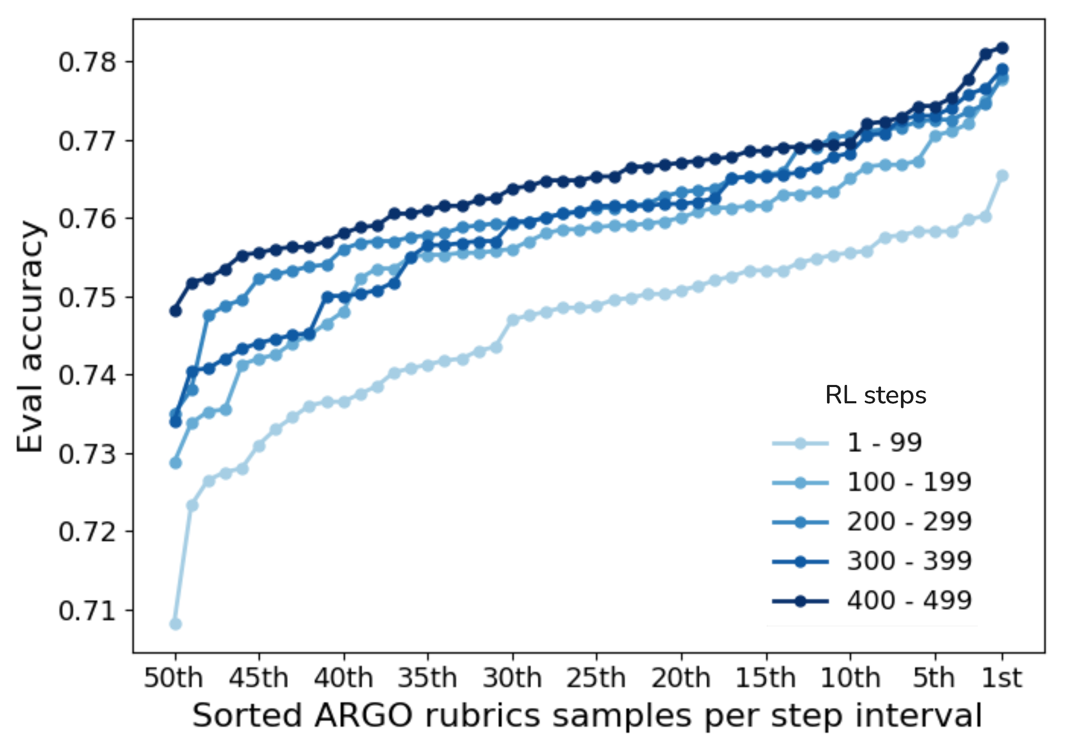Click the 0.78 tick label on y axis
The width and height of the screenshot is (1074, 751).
(x=87, y=62)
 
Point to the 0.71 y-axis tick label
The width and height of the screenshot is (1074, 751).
(x=87, y=611)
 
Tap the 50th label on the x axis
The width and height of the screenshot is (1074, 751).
(x=174, y=678)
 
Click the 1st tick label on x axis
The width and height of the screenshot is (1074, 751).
(x=1001, y=678)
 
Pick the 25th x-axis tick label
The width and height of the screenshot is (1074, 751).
(x=596, y=678)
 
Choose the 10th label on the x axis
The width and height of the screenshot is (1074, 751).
(x=850, y=678)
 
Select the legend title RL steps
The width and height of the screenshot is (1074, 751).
(x=875, y=395)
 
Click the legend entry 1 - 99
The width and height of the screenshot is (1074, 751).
(x=884, y=443)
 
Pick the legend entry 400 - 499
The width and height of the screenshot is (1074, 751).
(x=909, y=600)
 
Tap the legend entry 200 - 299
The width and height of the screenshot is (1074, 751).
(x=909, y=522)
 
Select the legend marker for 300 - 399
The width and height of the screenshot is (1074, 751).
(x=800, y=562)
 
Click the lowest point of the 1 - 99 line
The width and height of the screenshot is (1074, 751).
(x=176, y=624)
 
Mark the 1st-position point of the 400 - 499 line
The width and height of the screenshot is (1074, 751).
(x=1002, y=48)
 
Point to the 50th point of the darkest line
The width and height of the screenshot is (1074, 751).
(x=176, y=311)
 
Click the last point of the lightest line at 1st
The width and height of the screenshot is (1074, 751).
(x=1002, y=176)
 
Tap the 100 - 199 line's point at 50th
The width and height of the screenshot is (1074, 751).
(x=176, y=463)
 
